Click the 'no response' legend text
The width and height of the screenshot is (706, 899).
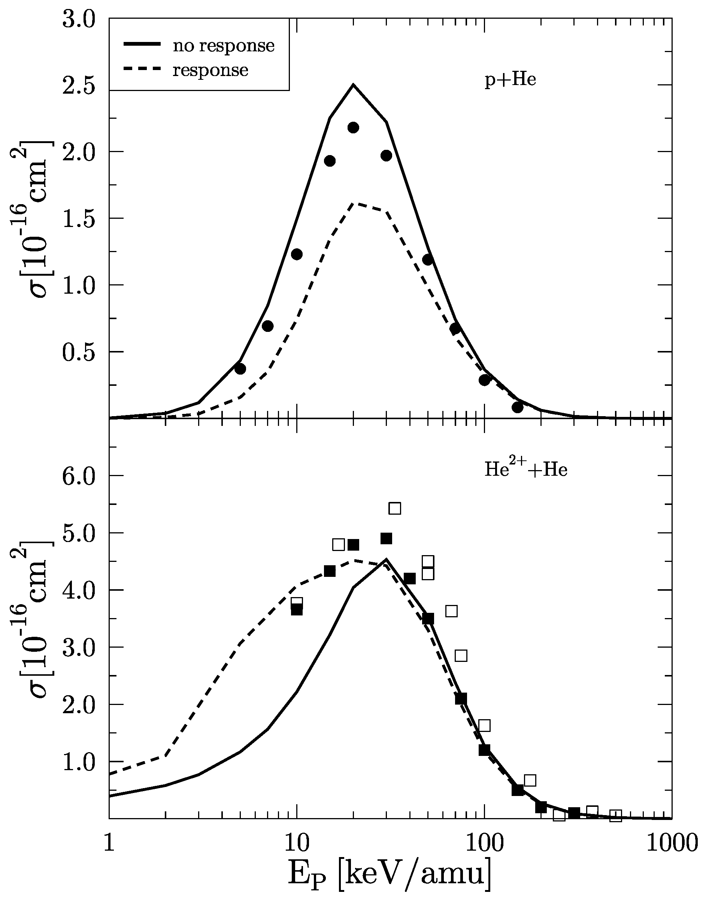click(x=223, y=45)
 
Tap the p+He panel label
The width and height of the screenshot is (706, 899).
click(x=510, y=79)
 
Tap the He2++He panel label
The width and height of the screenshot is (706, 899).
click(x=526, y=470)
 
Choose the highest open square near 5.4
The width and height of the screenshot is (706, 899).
click(x=395, y=508)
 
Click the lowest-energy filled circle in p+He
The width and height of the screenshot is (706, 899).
click(x=240, y=369)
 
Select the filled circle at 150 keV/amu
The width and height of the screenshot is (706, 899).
click(x=518, y=407)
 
